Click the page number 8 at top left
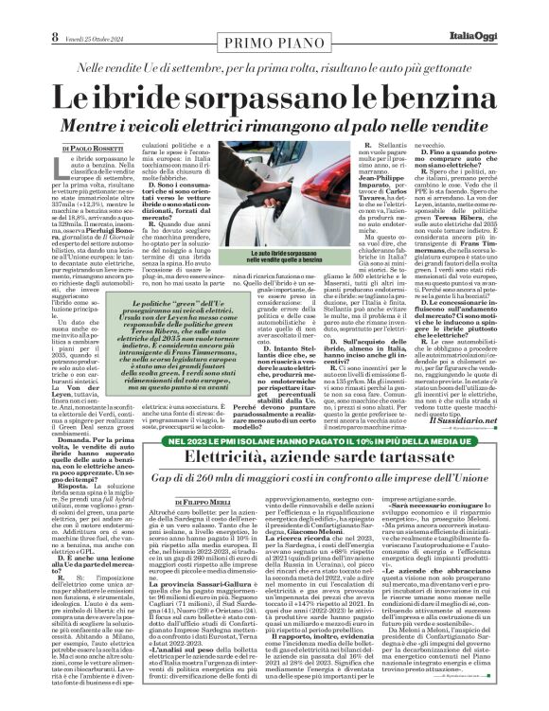pyautogui.click(x=14, y=11)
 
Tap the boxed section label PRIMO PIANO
pyautogui.click(x=274, y=16)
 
